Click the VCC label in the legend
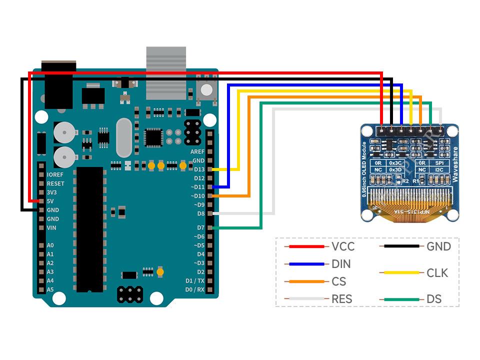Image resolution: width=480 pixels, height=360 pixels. (342, 246)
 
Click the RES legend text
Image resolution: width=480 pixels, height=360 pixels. (341, 299)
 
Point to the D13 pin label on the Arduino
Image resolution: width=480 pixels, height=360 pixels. (199, 169)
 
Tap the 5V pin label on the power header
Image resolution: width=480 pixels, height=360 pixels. (50, 201)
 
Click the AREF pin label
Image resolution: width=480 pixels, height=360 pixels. (197, 151)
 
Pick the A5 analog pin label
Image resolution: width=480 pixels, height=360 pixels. (50, 289)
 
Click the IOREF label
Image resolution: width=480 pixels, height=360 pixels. (55, 175)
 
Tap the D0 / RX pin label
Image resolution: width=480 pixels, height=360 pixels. (195, 289)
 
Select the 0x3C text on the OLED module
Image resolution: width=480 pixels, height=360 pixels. (395, 163)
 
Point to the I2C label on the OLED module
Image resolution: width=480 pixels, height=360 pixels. (438, 170)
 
